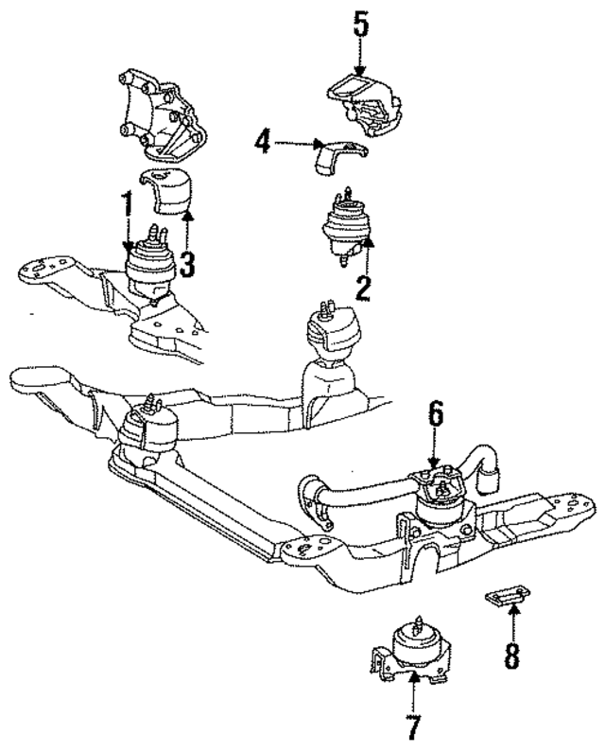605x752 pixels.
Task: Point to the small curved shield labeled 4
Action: (x=330, y=156)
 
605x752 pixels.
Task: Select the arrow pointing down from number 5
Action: (x=359, y=57)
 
